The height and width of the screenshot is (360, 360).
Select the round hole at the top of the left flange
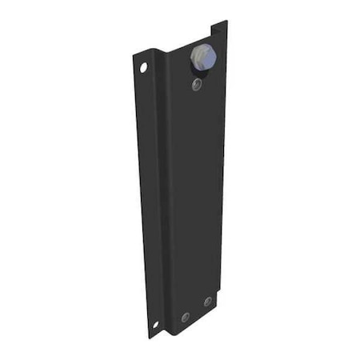[144, 68]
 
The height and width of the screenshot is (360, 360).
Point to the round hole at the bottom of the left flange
[155, 324]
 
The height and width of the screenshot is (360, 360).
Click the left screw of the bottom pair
[185, 317]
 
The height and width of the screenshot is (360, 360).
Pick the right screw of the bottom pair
[207, 302]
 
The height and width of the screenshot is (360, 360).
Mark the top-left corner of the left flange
[134, 56]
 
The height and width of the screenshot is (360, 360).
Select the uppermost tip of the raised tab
[226, 22]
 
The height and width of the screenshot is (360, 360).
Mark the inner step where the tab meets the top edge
[212, 37]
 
